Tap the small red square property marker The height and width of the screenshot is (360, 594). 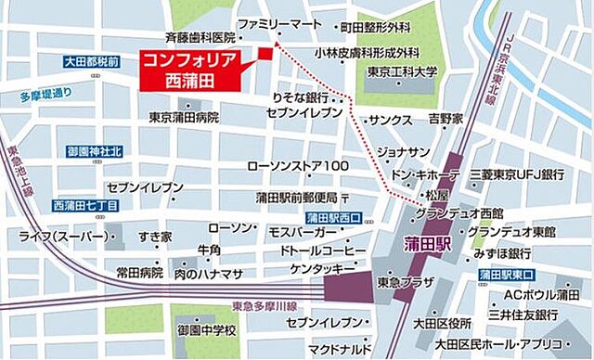click(265, 53)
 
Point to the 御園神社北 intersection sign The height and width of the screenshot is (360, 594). click(92, 151)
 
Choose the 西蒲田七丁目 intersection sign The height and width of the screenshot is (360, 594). click(84, 204)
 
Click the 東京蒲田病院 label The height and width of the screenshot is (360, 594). click(184, 118)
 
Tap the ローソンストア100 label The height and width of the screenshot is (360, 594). click(297, 166)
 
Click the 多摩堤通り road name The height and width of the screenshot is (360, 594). click(45, 94)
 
